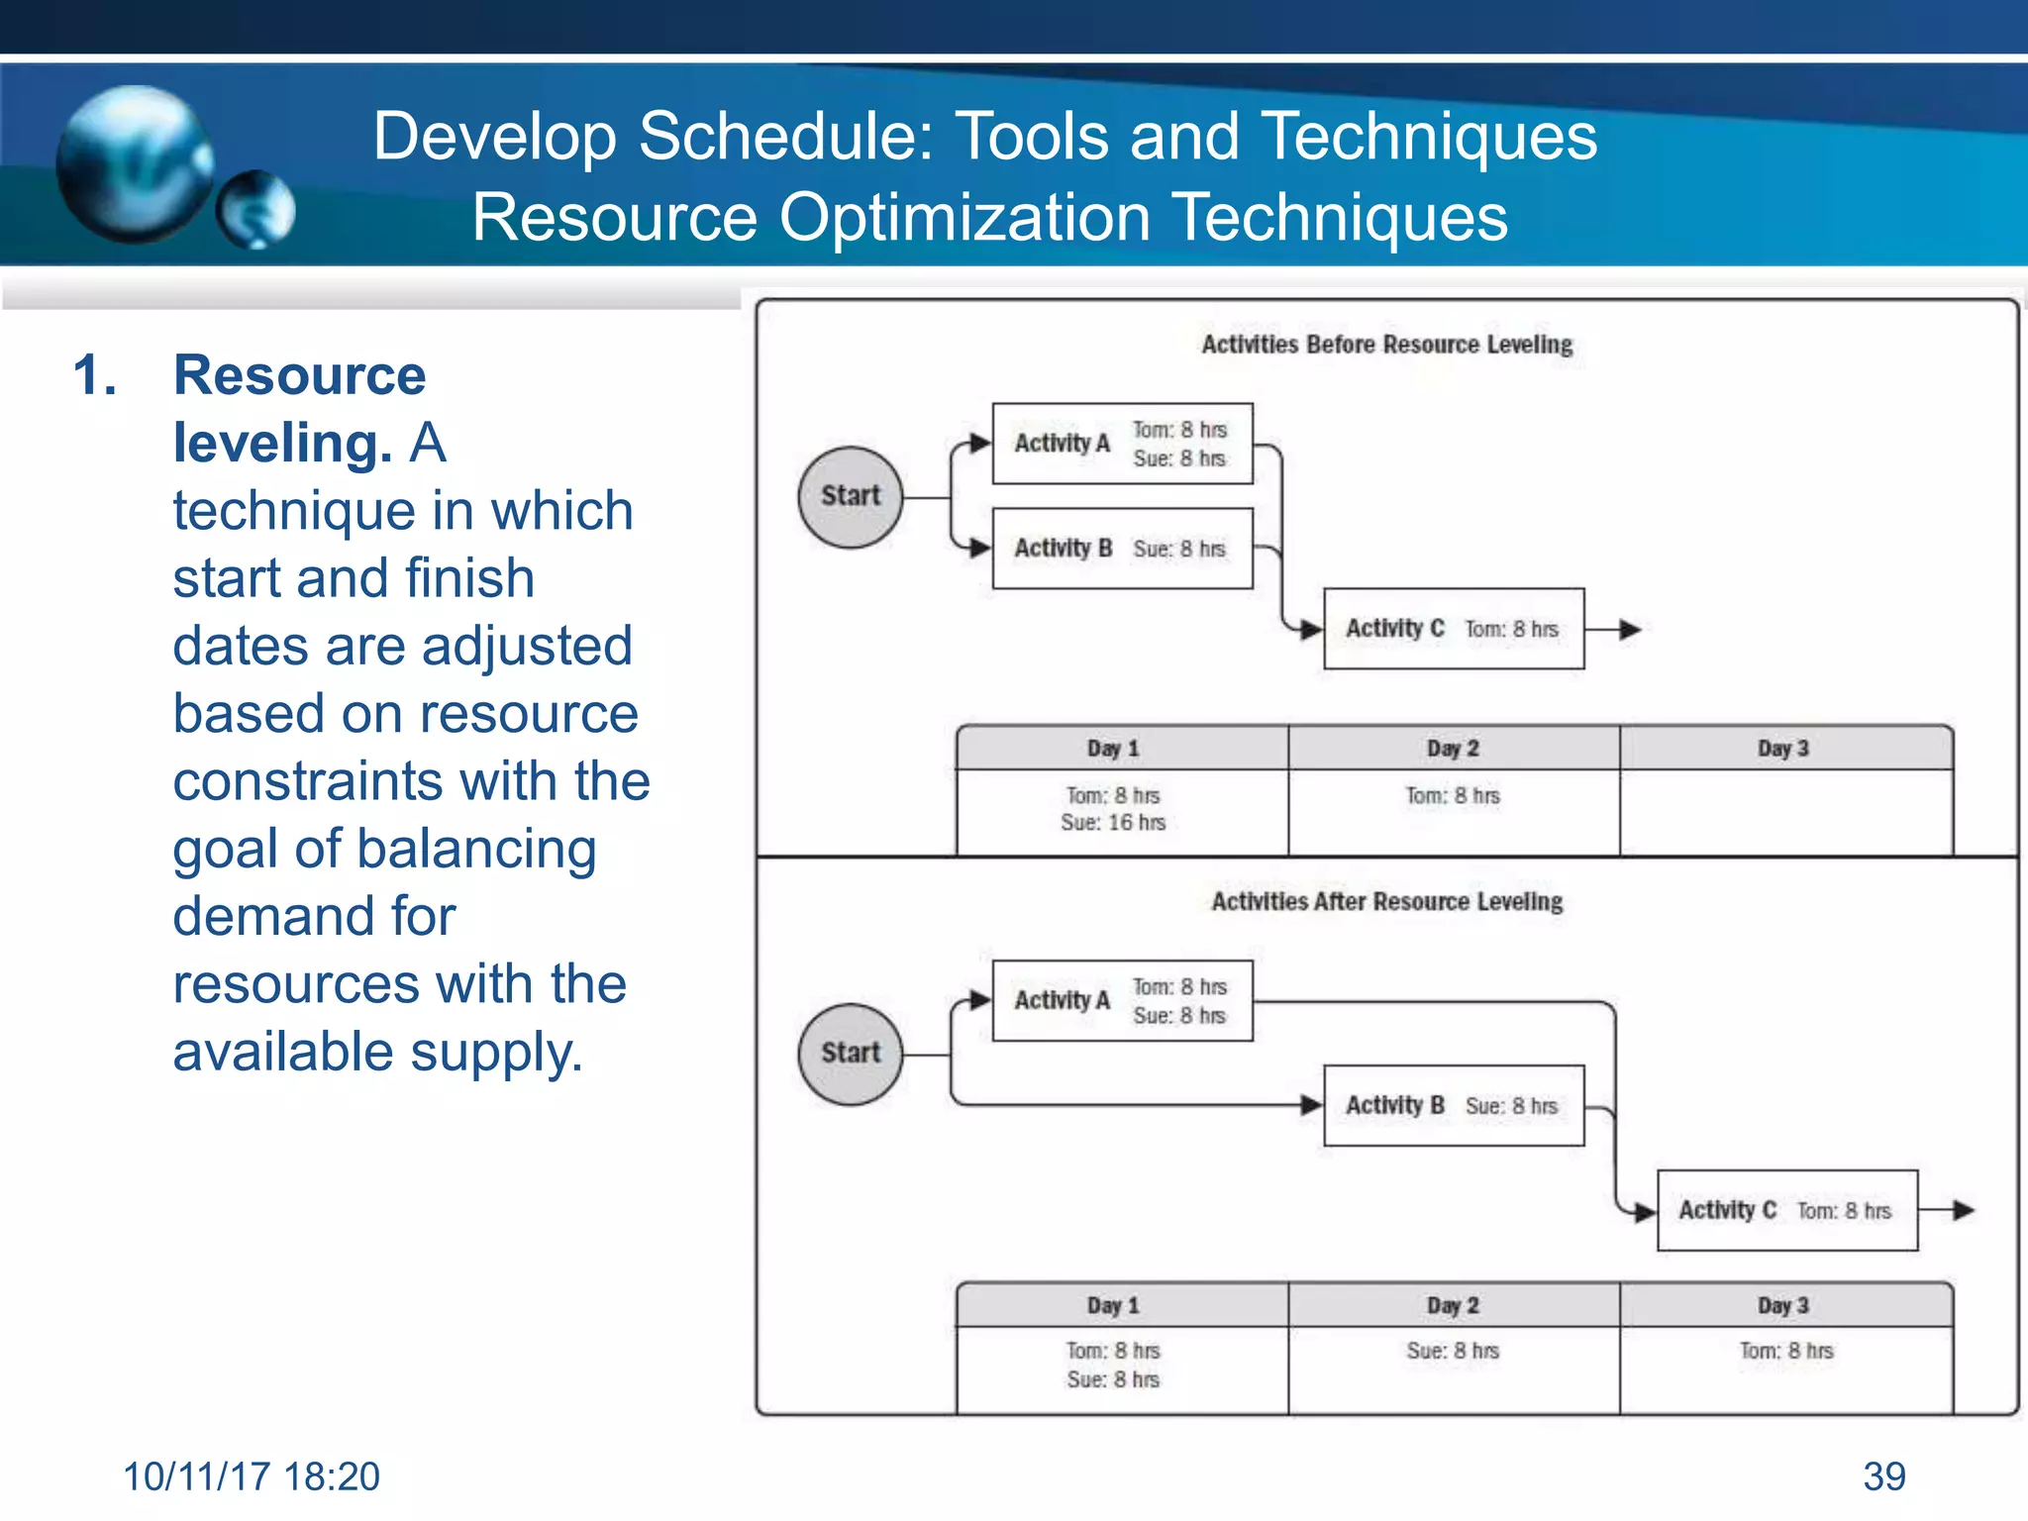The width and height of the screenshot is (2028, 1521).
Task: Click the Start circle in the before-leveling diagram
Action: click(850, 496)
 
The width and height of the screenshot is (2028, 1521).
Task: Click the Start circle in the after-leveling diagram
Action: click(850, 1054)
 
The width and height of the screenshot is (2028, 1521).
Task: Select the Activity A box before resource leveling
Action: click(1122, 444)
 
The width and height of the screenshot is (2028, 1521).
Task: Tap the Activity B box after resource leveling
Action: click(1453, 1105)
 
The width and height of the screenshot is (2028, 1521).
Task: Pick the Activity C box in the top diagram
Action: click(1453, 629)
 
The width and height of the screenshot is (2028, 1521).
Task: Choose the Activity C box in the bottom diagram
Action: click(1786, 1210)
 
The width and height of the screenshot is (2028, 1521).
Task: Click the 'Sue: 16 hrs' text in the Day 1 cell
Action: click(1113, 823)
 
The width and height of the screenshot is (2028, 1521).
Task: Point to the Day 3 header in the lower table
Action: click(1783, 1305)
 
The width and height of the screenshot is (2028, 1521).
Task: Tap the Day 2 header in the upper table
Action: click(1453, 749)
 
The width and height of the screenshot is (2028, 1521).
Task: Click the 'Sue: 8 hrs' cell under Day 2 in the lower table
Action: click(1453, 1351)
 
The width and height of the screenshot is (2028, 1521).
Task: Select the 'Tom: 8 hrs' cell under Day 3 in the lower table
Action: click(1786, 1351)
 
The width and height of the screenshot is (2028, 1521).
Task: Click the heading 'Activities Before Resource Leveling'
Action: click(1386, 345)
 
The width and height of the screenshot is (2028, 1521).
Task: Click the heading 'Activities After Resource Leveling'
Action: click(1386, 901)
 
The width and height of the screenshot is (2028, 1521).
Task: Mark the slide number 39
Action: click(1883, 1476)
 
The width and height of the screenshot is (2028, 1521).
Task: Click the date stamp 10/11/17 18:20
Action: click(252, 1476)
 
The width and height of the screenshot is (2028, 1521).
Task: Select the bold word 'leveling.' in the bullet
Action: click(282, 443)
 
